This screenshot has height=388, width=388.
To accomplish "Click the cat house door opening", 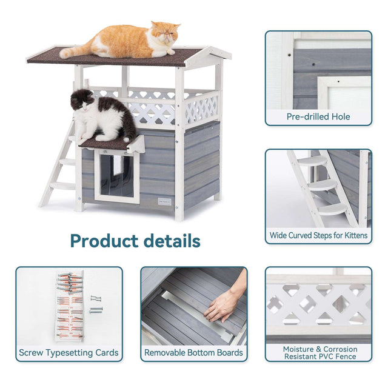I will pos(116,176).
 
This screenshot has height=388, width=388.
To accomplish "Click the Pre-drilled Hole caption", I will pos(318,116).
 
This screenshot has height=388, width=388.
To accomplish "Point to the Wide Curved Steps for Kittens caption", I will pos(318,235).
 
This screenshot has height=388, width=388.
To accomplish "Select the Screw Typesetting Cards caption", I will pos(69,352).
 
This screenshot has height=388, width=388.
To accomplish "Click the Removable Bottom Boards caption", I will pos(193,352).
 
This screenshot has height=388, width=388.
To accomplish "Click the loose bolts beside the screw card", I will pos(95,303).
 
